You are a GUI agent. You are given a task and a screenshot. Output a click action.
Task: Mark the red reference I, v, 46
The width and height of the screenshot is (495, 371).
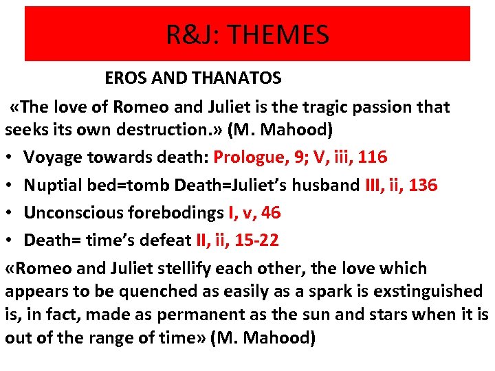tap(254, 213)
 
